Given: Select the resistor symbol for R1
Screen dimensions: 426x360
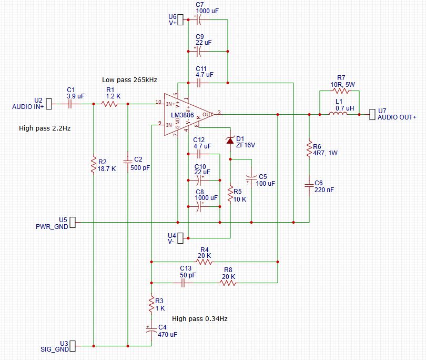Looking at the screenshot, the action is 109,104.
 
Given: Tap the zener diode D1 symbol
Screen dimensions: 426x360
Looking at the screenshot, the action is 230,141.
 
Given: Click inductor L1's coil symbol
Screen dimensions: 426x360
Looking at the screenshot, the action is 338,114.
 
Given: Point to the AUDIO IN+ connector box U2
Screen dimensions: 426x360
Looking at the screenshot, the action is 49,104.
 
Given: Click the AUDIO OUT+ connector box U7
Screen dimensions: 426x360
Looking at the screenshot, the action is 372,114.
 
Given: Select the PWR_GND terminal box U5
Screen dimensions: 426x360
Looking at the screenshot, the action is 73,223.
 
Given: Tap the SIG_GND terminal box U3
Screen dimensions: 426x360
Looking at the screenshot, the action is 73,346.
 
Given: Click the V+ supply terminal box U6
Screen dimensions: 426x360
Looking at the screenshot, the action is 180,20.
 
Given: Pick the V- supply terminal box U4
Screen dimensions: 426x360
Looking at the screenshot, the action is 180,238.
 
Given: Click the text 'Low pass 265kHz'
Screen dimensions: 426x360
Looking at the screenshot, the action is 129,80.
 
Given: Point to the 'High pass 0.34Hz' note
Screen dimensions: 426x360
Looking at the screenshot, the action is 200,318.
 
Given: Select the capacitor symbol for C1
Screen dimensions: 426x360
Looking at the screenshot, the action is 70,104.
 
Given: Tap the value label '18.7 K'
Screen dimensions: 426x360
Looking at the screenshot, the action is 107,169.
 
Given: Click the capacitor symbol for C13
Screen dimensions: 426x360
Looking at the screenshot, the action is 183,283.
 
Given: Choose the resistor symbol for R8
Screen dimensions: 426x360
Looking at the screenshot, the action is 228,283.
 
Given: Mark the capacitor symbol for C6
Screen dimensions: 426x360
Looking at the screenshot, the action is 309,186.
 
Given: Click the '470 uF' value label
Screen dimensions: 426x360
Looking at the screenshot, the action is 167,335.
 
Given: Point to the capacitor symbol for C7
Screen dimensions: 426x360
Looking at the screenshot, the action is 199,20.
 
